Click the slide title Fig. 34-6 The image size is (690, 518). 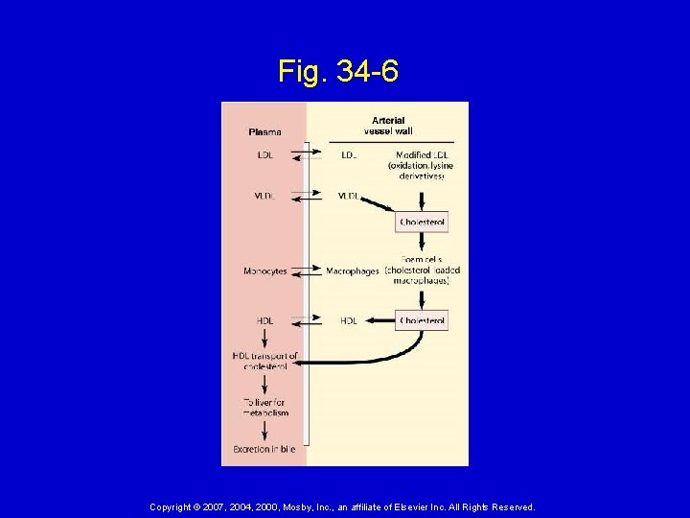[x=338, y=70]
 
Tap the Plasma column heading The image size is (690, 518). [x=264, y=131]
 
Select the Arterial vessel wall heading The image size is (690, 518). [x=388, y=126]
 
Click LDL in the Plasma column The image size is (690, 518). [x=264, y=154]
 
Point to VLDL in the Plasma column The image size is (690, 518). [x=264, y=196]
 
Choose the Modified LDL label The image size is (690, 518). [x=421, y=154]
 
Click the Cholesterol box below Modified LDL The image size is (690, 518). [x=422, y=223]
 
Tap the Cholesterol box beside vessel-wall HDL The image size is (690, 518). [x=422, y=320]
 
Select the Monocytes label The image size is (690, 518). [x=264, y=271]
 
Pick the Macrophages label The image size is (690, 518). [x=353, y=271]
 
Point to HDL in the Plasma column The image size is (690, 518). [x=264, y=320]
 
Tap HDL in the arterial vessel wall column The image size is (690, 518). [x=349, y=320]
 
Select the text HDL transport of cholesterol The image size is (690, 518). [x=264, y=362]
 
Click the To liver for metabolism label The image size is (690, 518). [x=264, y=409]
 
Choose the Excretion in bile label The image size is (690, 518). [x=264, y=448]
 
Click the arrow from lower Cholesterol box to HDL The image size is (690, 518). [x=379, y=318]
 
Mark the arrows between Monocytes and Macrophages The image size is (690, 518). [x=307, y=271]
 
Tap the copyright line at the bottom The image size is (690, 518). [x=342, y=506]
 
